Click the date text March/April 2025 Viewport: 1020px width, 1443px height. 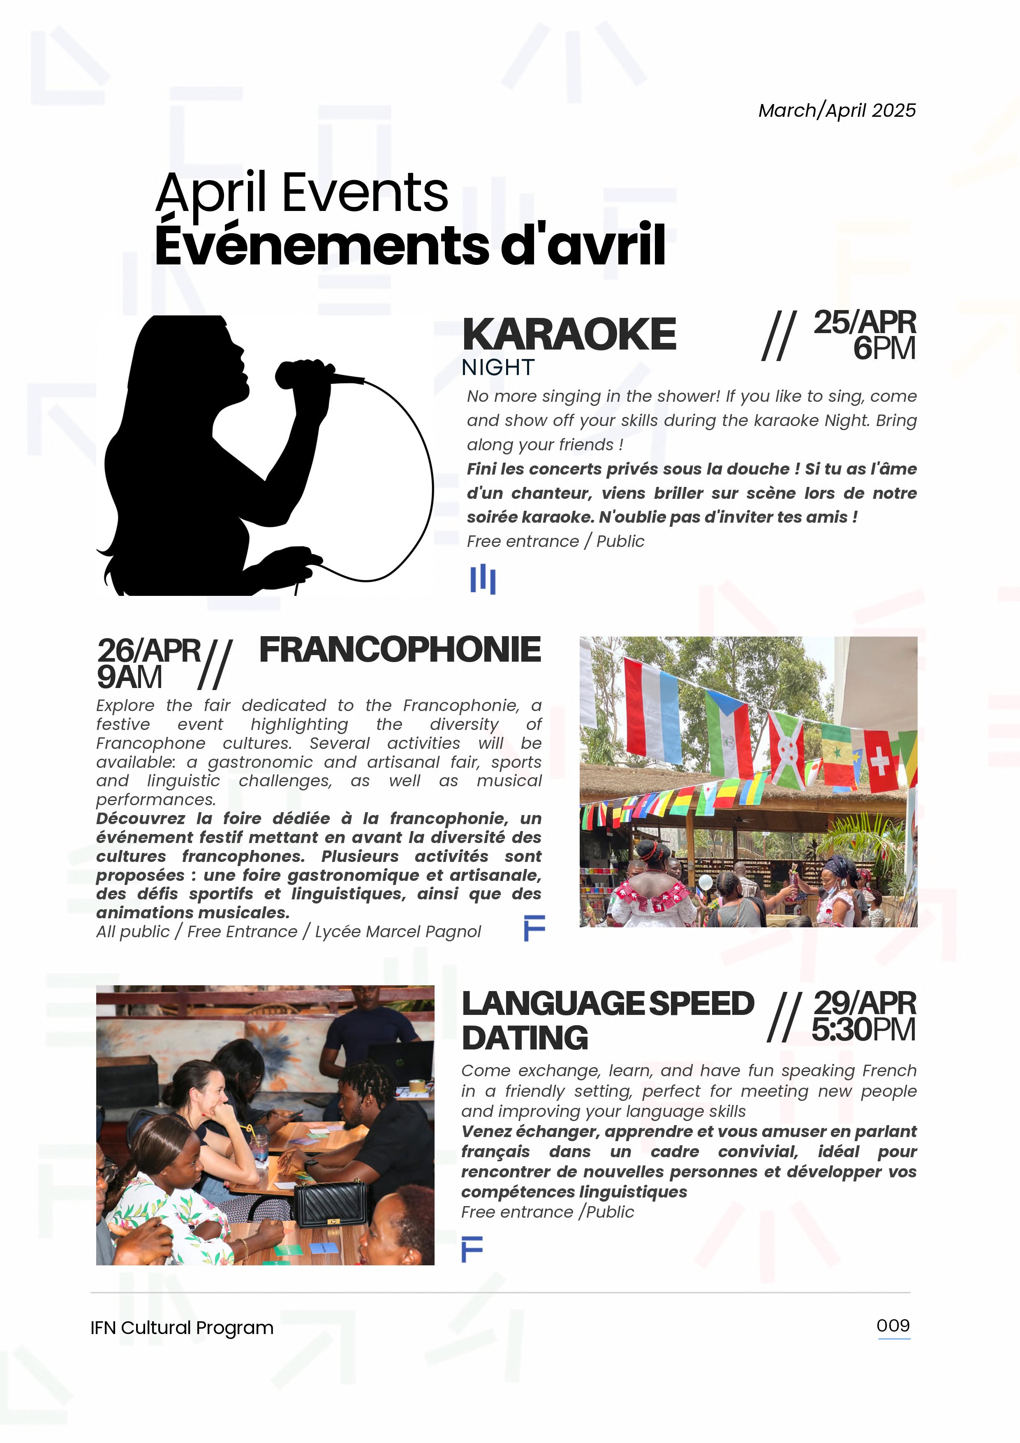click(837, 111)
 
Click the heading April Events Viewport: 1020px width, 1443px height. click(302, 192)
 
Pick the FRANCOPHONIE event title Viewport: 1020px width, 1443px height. click(400, 650)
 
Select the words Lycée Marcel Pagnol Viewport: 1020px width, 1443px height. click(398, 931)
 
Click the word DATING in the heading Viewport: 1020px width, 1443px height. click(525, 1038)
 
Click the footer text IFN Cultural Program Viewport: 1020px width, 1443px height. click(182, 1328)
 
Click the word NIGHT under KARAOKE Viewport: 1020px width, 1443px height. click(498, 368)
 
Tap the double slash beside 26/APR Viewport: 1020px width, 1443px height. click(215, 664)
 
